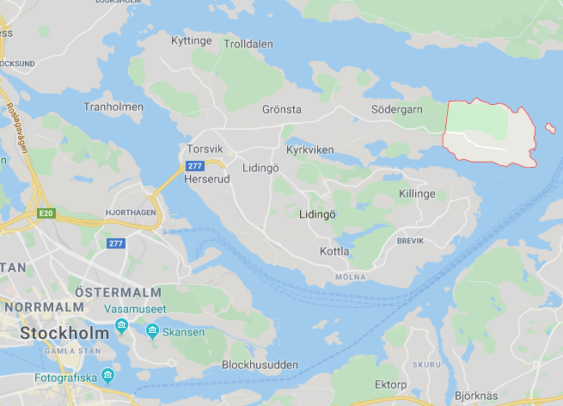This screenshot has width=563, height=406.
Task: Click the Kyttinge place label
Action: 191,40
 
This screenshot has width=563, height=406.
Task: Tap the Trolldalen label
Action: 248,44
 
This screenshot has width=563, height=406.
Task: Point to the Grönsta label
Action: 282,110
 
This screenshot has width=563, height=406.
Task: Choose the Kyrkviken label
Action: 309,150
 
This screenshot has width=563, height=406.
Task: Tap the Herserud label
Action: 207,179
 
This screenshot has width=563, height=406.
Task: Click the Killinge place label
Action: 417,194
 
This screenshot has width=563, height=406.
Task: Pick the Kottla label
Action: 334,251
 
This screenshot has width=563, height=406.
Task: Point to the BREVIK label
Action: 410,241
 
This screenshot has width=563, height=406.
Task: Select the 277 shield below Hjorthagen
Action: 116,243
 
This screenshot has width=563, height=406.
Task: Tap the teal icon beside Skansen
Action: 152,331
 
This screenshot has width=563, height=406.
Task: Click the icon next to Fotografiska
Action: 107,375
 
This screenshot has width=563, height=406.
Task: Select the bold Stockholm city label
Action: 64,332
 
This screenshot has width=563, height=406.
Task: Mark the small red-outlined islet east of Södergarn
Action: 549,128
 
